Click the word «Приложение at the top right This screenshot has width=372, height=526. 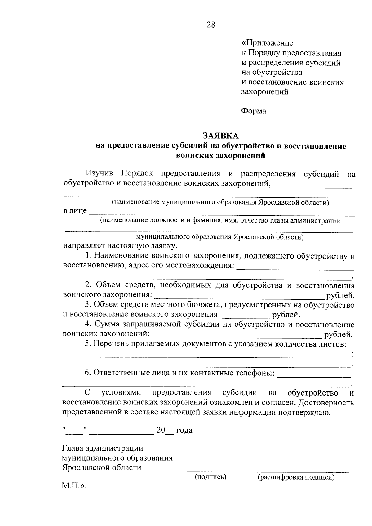point(267,43)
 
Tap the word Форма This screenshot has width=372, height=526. point(254,111)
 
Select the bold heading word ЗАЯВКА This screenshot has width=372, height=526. point(221,136)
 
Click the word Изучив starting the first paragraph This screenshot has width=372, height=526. point(100,174)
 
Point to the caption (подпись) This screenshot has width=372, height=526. point(210,477)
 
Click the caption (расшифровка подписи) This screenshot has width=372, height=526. point(296,477)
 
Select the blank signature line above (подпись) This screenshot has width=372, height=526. point(211,471)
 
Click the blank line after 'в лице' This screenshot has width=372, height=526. point(222,215)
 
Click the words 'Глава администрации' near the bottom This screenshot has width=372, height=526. point(103,448)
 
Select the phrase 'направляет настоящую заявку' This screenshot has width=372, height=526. point(120,246)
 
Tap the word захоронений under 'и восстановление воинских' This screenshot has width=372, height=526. point(265,92)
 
